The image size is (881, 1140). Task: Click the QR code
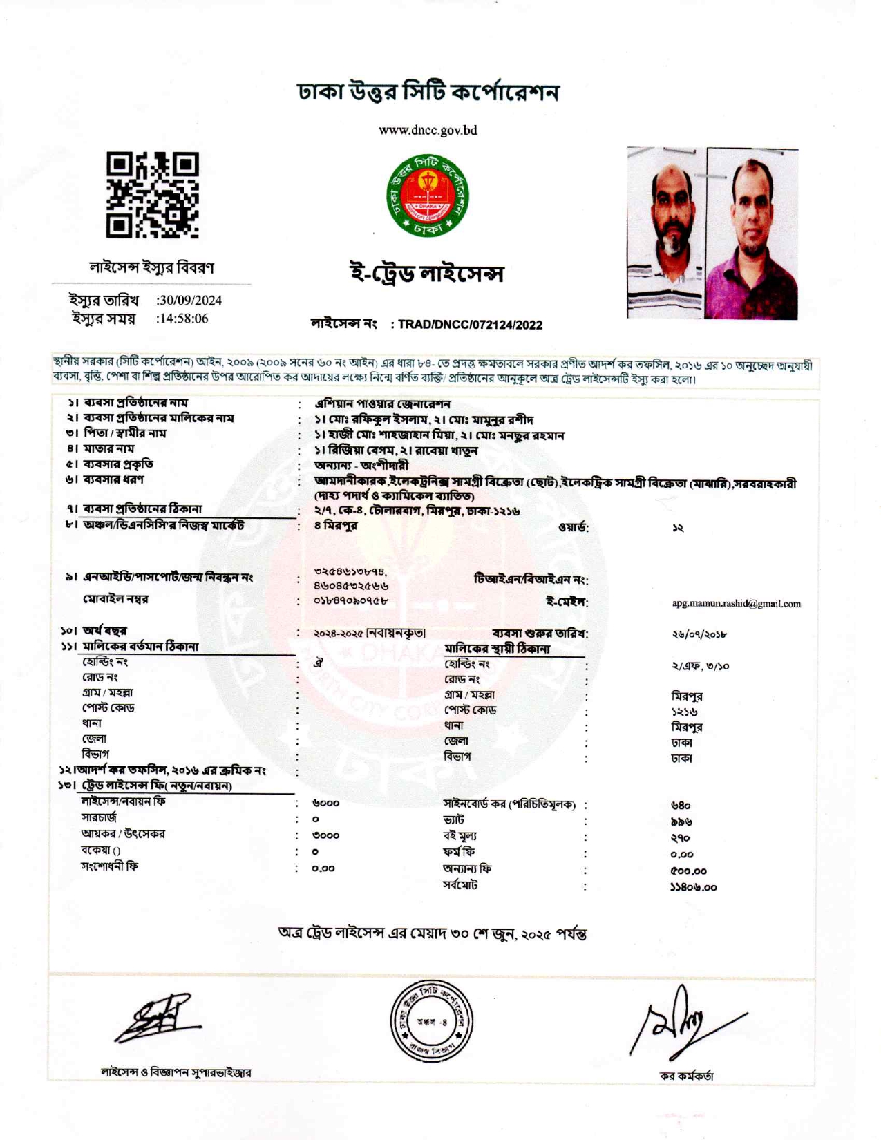pos(153,195)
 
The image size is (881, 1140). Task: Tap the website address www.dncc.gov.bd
pos(428,131)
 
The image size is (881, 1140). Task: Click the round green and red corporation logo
pos(428,196)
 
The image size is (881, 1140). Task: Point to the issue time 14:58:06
pos(183,319)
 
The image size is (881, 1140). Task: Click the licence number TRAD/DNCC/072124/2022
pos(470,325)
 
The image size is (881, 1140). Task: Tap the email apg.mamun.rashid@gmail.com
pos(736,604)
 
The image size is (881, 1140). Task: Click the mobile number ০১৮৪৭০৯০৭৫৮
pos(350,600)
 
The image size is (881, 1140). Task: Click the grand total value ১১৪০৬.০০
pos(693,888)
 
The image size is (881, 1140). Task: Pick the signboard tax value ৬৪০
pos(681,806)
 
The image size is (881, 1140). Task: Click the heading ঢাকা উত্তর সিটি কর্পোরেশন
pos(428,93)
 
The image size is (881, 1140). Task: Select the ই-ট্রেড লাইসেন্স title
pos(426,274)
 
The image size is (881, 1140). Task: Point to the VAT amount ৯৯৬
pos(681,822)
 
